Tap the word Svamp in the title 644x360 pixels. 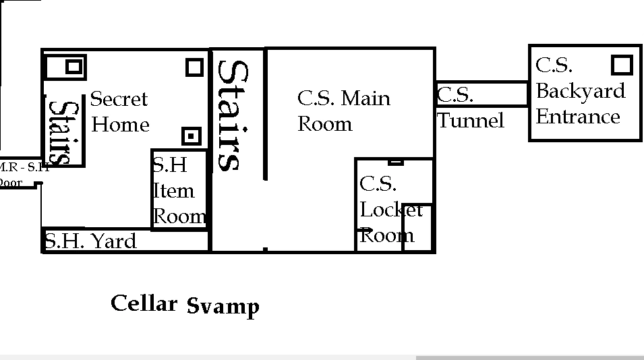pos(223,307)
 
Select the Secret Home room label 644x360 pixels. pos(119,111)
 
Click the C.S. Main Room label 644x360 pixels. pos(343,111)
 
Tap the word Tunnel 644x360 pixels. pos(471,121)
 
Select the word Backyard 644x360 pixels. pos(580,91)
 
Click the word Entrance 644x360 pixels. pos(577,117)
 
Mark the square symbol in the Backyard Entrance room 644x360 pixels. pos(621,65)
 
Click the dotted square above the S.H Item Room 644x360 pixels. pos(192,136)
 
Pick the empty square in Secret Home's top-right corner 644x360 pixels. pos(194,67)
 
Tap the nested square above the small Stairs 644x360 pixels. pos(73,66)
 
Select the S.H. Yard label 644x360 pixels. pos(90,241)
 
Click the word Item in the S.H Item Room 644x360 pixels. pos(173,191)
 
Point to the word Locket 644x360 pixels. pos(390,210)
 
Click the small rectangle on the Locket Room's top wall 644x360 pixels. pos(396,162)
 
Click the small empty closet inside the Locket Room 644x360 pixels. pos(417,227)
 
